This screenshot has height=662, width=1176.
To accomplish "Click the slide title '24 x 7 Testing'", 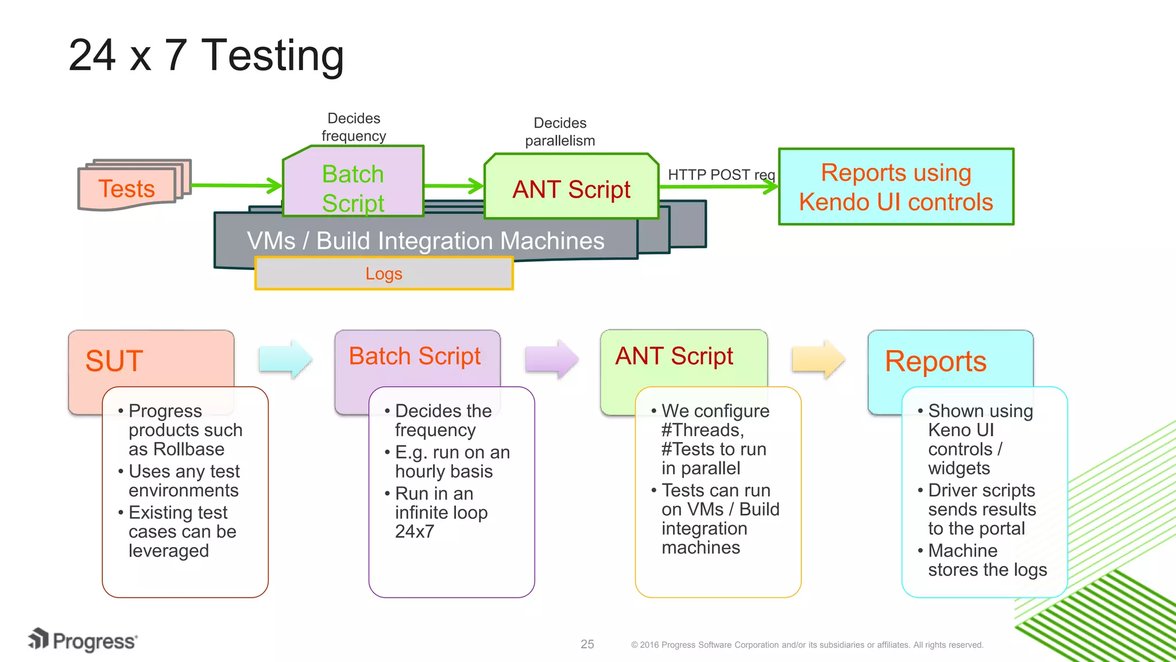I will point(206,56).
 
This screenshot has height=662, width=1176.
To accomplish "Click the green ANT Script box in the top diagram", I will point(571,189).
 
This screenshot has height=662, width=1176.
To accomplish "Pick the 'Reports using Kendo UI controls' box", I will point(896,187).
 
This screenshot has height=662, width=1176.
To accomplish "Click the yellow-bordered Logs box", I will point(384,274).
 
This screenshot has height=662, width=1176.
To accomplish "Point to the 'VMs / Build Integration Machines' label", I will point(425,241).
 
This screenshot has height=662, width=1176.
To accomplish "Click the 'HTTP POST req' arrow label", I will point(721,175).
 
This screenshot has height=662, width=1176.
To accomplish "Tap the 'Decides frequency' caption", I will point(354,127).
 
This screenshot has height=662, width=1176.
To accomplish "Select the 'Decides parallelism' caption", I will point(560,132).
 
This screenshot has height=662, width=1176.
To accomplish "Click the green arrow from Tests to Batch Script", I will point(235,186).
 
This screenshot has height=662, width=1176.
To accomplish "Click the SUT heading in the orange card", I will point(114,361).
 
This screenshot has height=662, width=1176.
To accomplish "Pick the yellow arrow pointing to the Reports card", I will point(818,359).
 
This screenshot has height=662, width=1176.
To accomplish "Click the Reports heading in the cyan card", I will point(935,361).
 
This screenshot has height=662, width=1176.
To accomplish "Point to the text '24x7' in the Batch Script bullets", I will point(415,532).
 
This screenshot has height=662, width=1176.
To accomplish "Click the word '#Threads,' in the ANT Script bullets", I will point(702,430).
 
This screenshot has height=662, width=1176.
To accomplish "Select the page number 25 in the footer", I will point(587,644).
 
